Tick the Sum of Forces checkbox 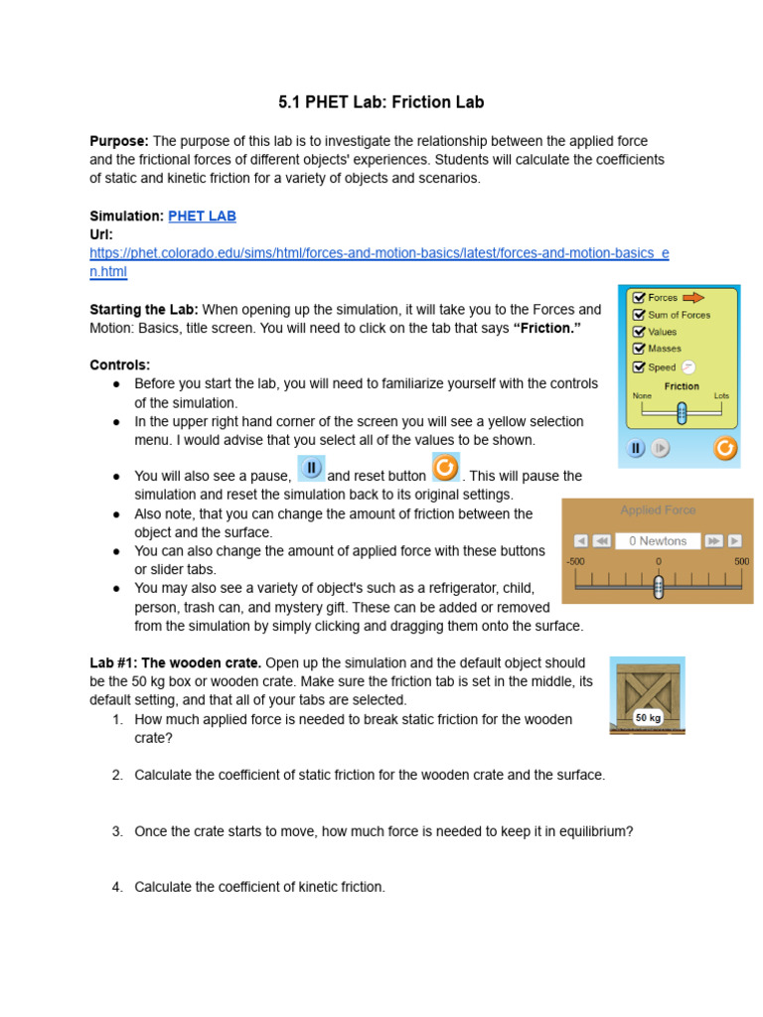(x=639, y=315)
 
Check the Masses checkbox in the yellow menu (x=639, y=349)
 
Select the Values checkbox (x=639, y=332)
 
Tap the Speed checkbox (x=639, y=366)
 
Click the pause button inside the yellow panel (x=637, y=449)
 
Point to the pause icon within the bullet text (x=311, y=468)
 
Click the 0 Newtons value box (x=657, y=541)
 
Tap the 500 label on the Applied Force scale (x=741, y=561)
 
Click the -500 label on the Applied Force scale (x=576, y=561)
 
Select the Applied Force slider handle (x=658, y=588)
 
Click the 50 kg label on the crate (x=648, y=716)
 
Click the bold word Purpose (x=119, y=142)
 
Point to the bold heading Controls (x=120, y=364)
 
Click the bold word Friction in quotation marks (x=546, y=328)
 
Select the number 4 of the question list (x=116, y=887)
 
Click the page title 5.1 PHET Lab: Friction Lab (x=381, y=102)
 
